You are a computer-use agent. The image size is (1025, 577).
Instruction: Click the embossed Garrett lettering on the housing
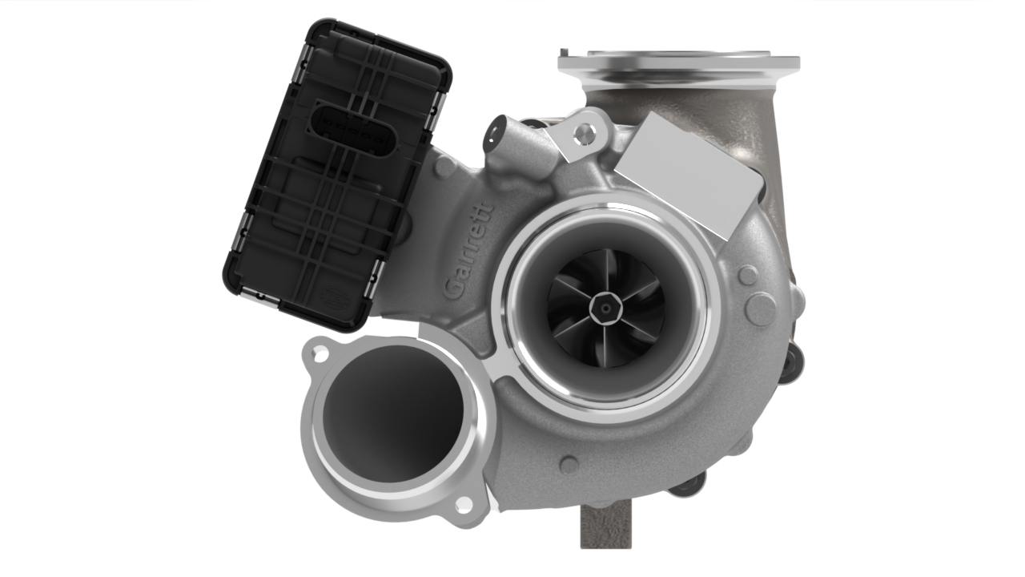[469, 249]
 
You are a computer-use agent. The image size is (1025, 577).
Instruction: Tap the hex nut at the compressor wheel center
[605, 309]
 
